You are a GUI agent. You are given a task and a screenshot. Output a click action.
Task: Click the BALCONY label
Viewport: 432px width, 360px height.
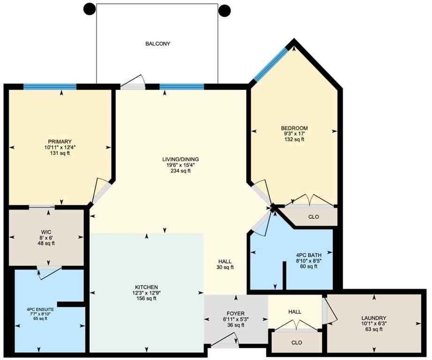tap(157, 44)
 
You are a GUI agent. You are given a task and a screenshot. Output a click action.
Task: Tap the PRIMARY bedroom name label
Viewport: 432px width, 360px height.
tap(60, 142)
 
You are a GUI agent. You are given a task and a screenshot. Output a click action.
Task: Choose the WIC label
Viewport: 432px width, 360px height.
tap(46, 232)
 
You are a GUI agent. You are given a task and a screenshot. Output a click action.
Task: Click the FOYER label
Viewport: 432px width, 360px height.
tap(236, 314)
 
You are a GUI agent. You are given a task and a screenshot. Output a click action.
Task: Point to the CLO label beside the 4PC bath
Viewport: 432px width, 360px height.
tap(314, 217)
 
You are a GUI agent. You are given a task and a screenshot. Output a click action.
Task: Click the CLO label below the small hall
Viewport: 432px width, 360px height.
tap(296, 343)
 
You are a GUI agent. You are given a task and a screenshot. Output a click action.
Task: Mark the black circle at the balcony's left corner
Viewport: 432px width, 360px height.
tap(89, 8)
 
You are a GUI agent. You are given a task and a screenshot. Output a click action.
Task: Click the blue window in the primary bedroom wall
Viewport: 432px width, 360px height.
tap(50, 86)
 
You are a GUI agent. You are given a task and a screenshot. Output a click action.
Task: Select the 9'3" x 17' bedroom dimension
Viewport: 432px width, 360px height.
tap(294, 134)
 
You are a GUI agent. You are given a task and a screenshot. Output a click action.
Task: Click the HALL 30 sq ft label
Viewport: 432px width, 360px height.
tap(225, 264)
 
